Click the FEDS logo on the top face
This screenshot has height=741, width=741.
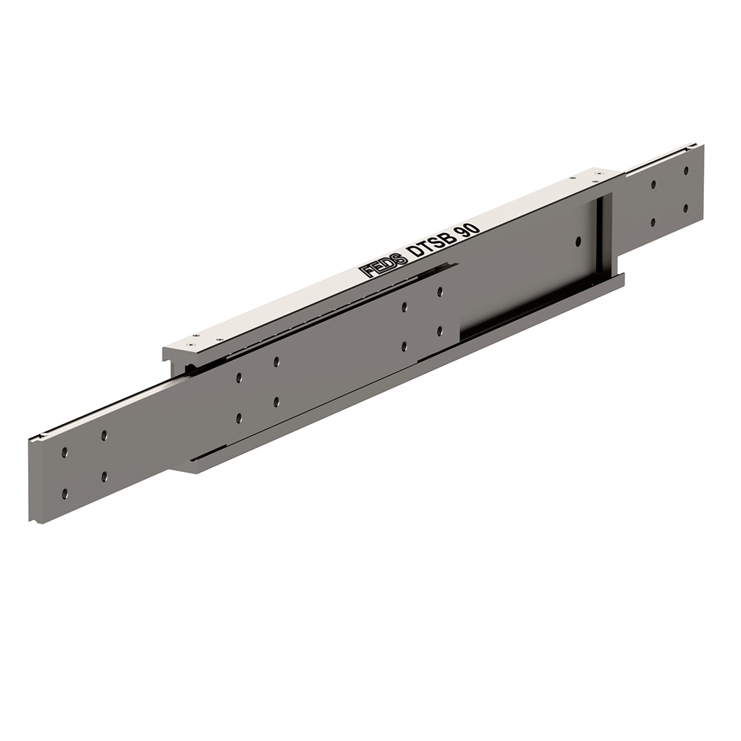click(383, 266)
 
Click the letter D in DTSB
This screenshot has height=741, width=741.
click(415, 252)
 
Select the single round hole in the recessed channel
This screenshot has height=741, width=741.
click(578, 241)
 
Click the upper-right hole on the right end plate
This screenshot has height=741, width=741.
click(685, 171)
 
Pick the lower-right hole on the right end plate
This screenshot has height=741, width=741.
click(685, 207)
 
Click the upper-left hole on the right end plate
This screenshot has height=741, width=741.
click(654, 185)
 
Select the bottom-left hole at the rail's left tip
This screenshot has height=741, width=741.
click(64, 493)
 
